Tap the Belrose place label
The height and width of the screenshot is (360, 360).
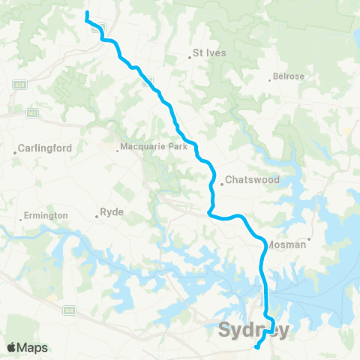tap(289, 76)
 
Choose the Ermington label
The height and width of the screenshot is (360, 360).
tap(46, 216)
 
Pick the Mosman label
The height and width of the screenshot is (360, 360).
tap(286, 244)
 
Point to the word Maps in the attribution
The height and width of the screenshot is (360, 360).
tap(33, 348)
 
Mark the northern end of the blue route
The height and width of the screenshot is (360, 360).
tap(87, 13)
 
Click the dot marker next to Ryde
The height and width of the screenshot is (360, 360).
tap(97, 217)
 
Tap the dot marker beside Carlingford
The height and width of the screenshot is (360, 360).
tap(15, 153)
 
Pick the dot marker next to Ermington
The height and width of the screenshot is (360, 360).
tap(20, 220)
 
